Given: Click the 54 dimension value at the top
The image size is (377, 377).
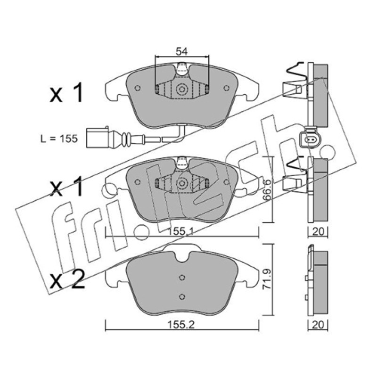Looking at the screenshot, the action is [181, 51].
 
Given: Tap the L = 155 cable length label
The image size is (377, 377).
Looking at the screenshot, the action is [59, 139].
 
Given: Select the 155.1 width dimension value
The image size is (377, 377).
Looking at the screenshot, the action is [180, 231].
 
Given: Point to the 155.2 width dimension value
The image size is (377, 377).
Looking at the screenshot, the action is [180, 325].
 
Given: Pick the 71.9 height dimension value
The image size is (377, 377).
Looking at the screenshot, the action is [267, 279].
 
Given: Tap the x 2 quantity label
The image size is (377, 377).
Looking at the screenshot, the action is [67, 279].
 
